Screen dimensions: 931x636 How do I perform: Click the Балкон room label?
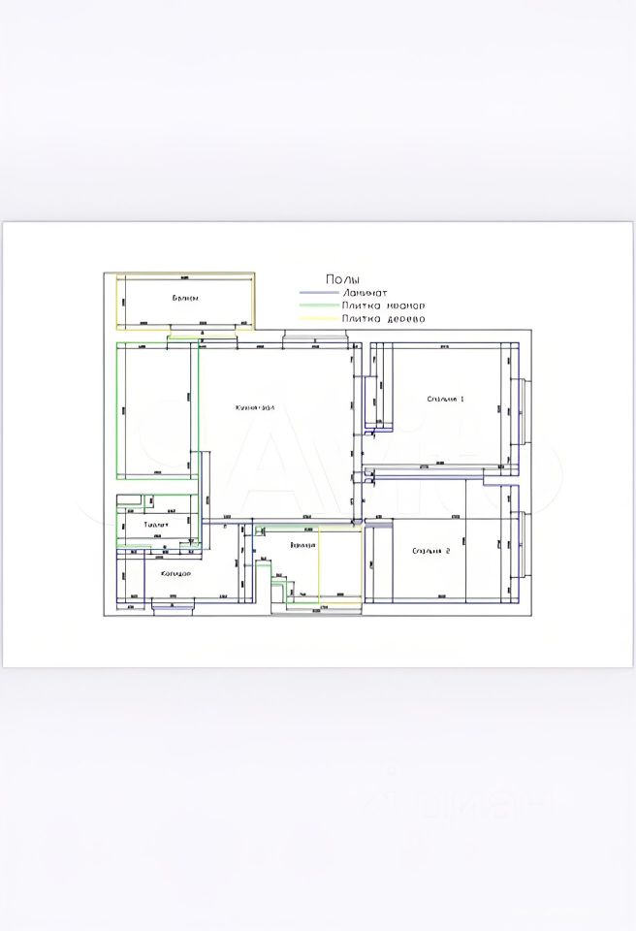tap(186, 298)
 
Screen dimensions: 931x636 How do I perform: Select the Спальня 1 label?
tap(446, 399)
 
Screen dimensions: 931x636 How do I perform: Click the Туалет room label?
tap(156, 525)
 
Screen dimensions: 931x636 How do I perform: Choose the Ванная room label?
tap(302, 546)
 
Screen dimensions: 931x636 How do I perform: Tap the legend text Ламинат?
tap(364, 292)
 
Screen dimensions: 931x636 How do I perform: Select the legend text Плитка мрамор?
tap(383, 305)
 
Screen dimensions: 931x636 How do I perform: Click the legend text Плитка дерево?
tap(383, 318)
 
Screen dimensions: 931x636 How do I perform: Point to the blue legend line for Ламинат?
tap(317, 292)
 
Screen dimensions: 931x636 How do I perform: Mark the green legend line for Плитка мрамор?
tap(317, 305)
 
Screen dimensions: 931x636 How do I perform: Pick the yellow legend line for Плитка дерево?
tap(317, 318)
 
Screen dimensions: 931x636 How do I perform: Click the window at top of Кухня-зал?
tap(314, 337)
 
